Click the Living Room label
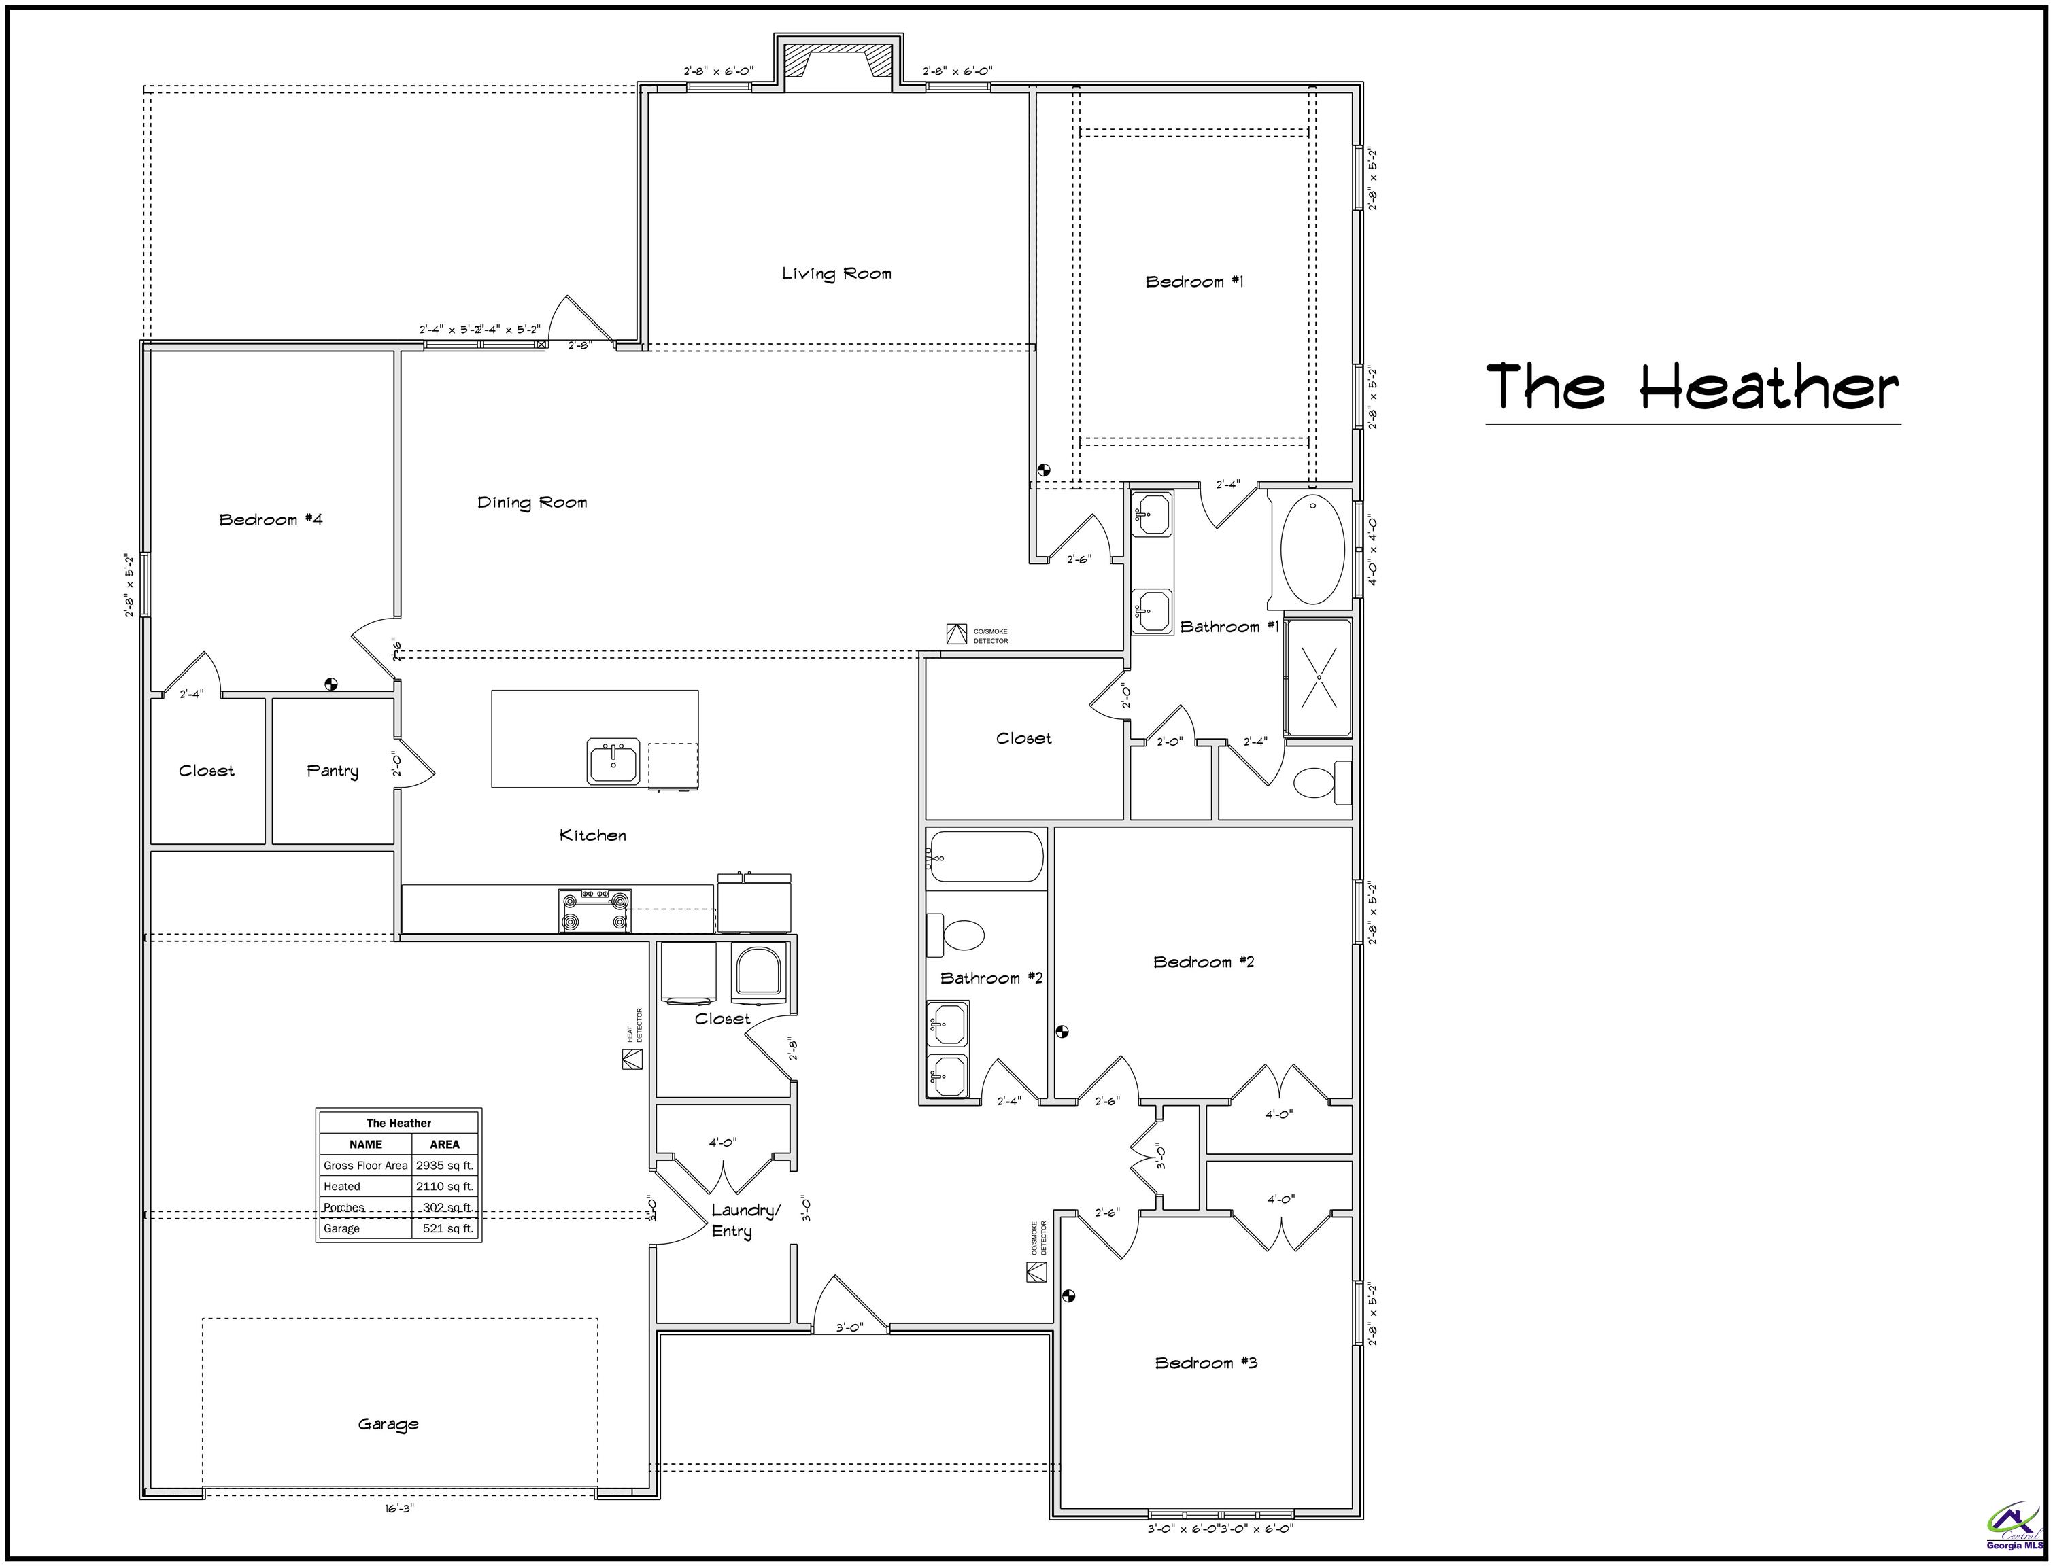(836, 273)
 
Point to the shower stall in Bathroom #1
(1317, 677)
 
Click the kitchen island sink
(613, 761)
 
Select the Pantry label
(332, 771)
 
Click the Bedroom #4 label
(271, 519)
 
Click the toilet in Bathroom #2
(960, 935)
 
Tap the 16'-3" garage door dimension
(399, 1508)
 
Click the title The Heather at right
(1692, 387)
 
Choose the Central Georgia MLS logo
(2014, 1529)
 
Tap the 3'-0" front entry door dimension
(849, 1327)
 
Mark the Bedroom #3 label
(1206, 1363)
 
